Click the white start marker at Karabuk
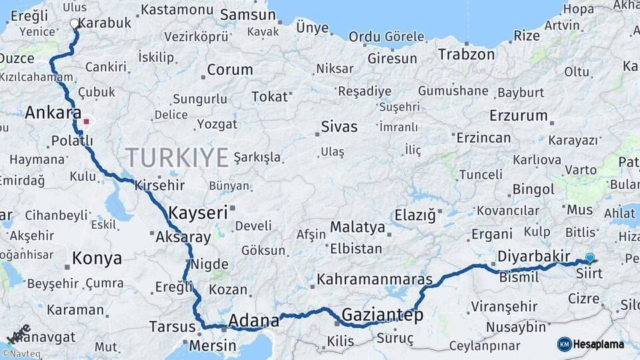(74, 23)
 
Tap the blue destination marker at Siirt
(589, 258)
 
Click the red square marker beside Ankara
(86, 122)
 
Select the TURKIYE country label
(177, 157)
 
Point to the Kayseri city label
(198, 213)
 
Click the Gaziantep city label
(382, 315)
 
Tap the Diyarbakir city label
(533, 257)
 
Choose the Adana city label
(253, 321)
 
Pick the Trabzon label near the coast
(467, 55)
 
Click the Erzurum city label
(518, 115)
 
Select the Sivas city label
(339, 126)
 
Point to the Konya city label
(97, 258)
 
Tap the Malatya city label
(357, 227)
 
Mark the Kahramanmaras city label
(375, 279)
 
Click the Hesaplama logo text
(599, 344)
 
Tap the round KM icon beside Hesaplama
(564, 344)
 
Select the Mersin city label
(213, 345)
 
